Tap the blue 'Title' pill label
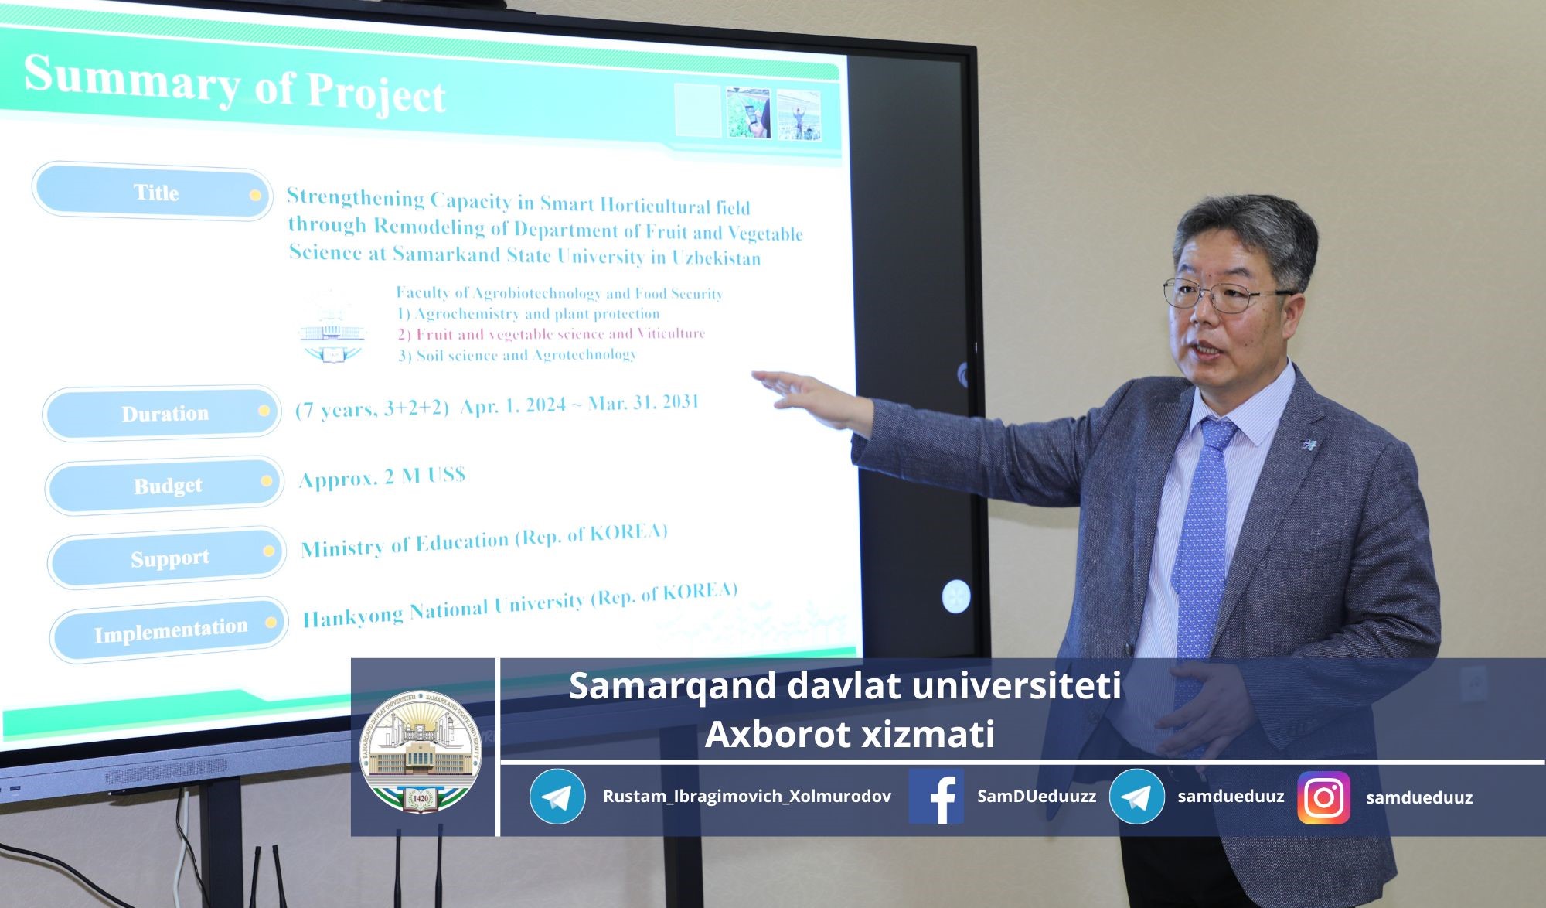152,192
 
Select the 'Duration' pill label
162,413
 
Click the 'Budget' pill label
165,486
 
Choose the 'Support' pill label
167,558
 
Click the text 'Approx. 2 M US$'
383,476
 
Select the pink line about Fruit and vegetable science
551,334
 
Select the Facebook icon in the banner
936,797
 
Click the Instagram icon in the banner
1324,797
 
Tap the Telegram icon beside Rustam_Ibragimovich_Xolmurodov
557,797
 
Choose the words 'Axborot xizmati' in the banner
850,734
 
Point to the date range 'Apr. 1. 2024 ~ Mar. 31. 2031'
580,405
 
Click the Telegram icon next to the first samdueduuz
1137,797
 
